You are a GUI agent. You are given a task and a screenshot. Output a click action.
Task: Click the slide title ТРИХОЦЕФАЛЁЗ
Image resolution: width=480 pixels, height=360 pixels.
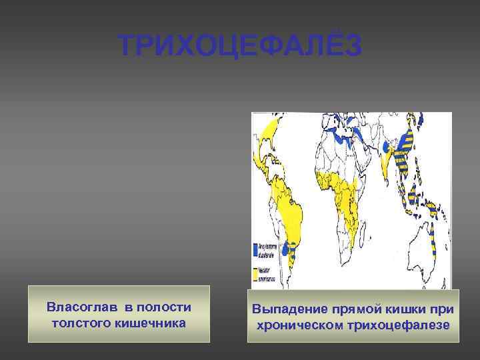[x=240, y=46]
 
